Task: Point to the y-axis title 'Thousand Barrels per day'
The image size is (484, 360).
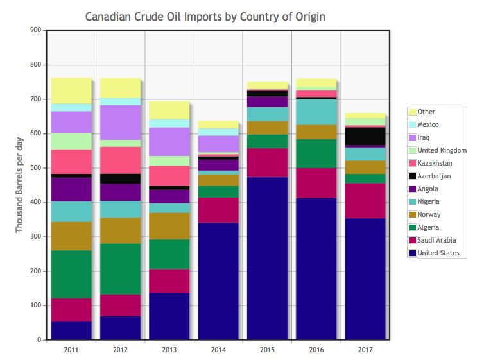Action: [20, 185]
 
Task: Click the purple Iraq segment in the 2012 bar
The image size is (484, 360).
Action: [120, 122]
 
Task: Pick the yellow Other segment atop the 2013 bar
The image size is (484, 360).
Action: [169, 110]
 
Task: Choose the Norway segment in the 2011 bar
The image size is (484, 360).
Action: [71, 236]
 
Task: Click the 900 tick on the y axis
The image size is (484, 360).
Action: [35, 30]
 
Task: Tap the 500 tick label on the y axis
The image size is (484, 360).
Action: [35, 168]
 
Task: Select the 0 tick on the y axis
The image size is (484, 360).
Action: [39, 340]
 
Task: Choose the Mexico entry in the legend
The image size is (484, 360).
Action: [428, 124]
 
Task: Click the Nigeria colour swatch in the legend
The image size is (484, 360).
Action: [412, 201]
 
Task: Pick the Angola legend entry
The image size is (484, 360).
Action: [428, 189]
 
